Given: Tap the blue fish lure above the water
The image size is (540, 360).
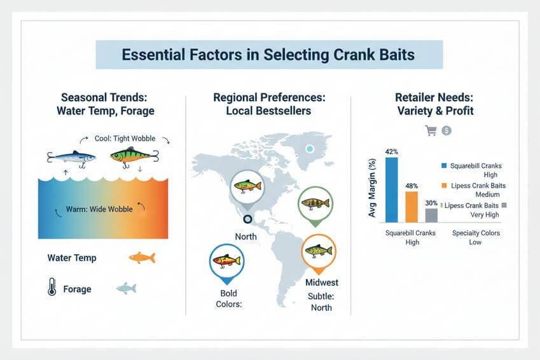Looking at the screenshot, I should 71,157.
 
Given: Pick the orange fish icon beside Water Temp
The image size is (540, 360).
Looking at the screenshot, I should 141,258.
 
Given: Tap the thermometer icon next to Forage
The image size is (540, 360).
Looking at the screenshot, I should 52,289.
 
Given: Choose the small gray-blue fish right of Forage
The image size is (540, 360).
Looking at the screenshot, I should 126,289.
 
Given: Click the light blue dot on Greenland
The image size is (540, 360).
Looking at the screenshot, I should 309,149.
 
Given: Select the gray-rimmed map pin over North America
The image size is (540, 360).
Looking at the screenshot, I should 248,188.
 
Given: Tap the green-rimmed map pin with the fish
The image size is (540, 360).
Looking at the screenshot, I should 315,204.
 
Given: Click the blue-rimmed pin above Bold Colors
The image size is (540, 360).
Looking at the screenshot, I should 226,262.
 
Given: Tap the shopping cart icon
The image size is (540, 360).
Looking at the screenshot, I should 430,130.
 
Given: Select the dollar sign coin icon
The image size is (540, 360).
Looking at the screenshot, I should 447,130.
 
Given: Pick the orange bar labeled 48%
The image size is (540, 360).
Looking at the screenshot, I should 412,206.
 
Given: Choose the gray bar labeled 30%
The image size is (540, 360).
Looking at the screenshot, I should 431,214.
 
